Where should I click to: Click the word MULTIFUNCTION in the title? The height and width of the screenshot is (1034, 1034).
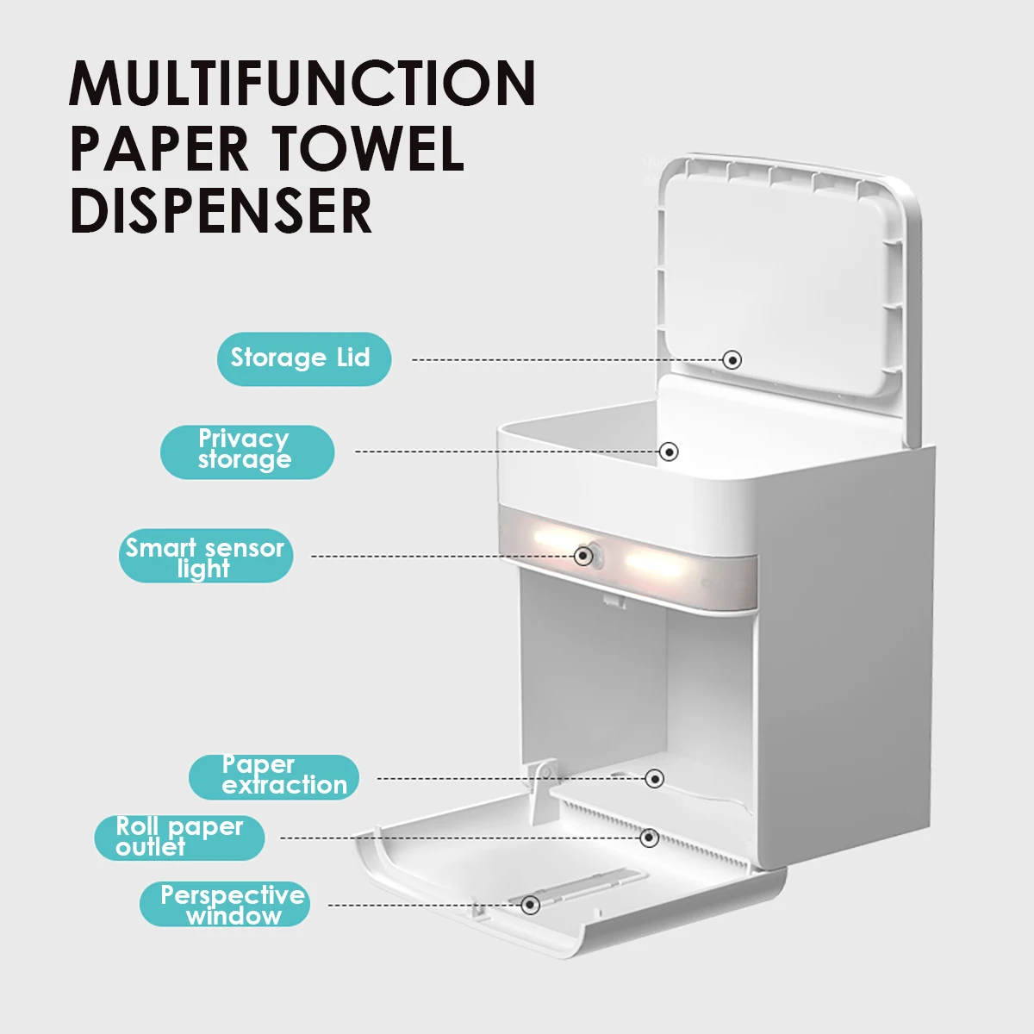pyautogui.click(x=302, y=84)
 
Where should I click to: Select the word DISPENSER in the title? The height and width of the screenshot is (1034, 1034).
pyautogui.click(x=221, y=211)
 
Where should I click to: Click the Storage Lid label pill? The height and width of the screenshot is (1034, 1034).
pyautogui.click(x=303, y=358)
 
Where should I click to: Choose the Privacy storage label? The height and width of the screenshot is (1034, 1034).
pyautogui.click(x=246, y=451)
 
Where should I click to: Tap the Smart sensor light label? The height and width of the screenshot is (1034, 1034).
pyautogui.click(x=206, y=557)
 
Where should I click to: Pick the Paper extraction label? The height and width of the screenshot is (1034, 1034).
pyautogui.click(x=274, y=776)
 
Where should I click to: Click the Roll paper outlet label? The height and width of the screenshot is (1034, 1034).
pyautogui.click(x=179, y=837)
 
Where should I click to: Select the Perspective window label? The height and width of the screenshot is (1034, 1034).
pyautogui.click(x=225, y=904)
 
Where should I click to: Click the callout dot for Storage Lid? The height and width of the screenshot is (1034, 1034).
pyautogui.click(x=732, y=359)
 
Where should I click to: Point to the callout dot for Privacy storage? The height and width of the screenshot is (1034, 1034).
pyautogui.click(x=670, y=451)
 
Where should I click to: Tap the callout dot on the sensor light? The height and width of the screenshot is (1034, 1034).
pyautogui.click(x=583, y=556)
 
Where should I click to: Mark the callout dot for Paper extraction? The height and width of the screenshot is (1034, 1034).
pyautogui.click(x=655, y=779)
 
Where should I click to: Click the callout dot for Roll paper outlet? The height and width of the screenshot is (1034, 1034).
pyautogui.click(x=650, y=838)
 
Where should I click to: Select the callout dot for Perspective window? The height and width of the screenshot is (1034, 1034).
pyautogui.click(x=531, y=905)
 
